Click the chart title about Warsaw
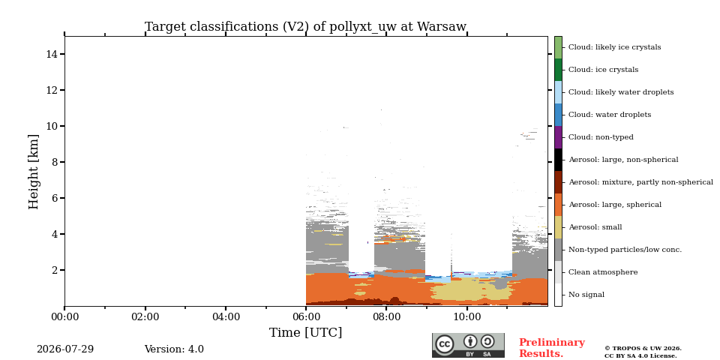(x=306, y=27)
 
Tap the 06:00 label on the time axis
(x=306, y=316)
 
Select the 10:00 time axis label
(x=467, y=316)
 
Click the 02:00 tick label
(x=145, y=316)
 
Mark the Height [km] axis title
(x=34, y=172)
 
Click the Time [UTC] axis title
(x=306, y=332)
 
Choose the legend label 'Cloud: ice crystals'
(x=603, y=70)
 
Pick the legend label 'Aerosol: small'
(x=595, y=227)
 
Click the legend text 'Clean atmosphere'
(x=603, y=272)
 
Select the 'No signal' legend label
(x=586, y=295)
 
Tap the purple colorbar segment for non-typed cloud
(x=558, y=137)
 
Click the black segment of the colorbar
(x=558, y=160)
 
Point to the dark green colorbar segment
(x=558, y=70)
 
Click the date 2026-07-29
(x=65, y=349)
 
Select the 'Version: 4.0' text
(x=174, y=349)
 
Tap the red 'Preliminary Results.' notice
(x=552, y=348)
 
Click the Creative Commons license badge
(x=468, y=345)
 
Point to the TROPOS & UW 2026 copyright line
(x=643, y=349)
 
